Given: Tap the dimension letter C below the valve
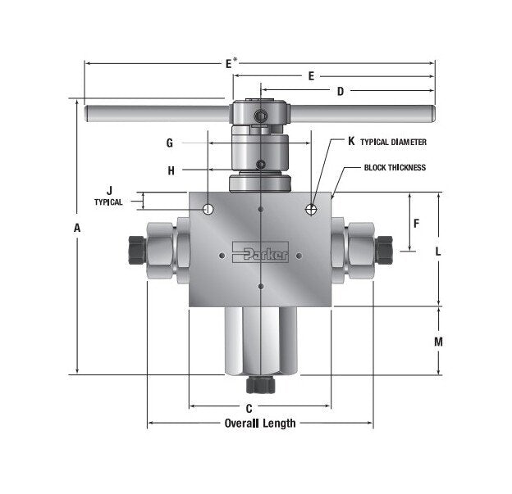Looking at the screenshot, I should tap(249, 406).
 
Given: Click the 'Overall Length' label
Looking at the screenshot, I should tap(259, 424).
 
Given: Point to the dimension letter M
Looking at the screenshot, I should tap(438, 341).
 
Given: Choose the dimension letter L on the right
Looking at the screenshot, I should tap(438, 252).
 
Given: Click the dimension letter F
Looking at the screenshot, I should tap(416, 223).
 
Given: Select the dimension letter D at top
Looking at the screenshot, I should tap(340, 91).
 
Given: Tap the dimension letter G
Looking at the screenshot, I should tap(169, 143).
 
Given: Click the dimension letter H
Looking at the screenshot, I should tap(171, 170).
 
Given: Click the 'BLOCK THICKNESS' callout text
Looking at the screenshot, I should tap(395, 167).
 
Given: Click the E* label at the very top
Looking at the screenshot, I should tap(231, 62).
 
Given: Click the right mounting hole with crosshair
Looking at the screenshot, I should tap(312, 210).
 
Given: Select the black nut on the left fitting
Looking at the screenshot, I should tap(137, 247).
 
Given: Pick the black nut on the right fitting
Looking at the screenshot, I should tap(384, 247).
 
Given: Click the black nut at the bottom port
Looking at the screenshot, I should tap(260, 385).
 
